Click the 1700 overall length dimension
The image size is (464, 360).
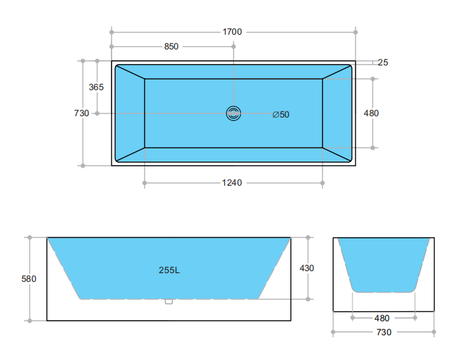point(232,31)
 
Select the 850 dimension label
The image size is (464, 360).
point(172,47)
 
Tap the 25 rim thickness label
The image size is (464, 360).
point(383,63)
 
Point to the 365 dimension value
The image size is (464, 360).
point(96,87)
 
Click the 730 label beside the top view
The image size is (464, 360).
point(81,113)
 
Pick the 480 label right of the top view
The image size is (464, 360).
point(371,113)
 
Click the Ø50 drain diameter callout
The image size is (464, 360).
point(281,115)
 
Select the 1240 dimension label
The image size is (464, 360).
point(232,182)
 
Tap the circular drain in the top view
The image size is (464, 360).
point(234,114)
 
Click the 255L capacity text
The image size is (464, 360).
point(170,270)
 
